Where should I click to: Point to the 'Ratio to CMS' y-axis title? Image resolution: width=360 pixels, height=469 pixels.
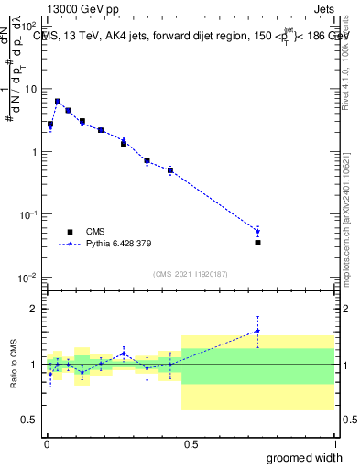(x=14, y=365)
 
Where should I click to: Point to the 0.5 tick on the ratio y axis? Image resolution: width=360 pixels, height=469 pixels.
(x=30, y=420)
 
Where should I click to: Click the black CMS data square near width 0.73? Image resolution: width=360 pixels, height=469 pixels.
(x=258, y=243)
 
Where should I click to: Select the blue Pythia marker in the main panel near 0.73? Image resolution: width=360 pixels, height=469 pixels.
(x=258, y=231)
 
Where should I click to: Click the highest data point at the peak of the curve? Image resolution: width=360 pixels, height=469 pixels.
(x=58, y=102)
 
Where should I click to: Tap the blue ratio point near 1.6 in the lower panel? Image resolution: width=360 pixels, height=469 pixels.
(x=258, y=331)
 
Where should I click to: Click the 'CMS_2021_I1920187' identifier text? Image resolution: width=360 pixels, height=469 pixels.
(x=190, y=273)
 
